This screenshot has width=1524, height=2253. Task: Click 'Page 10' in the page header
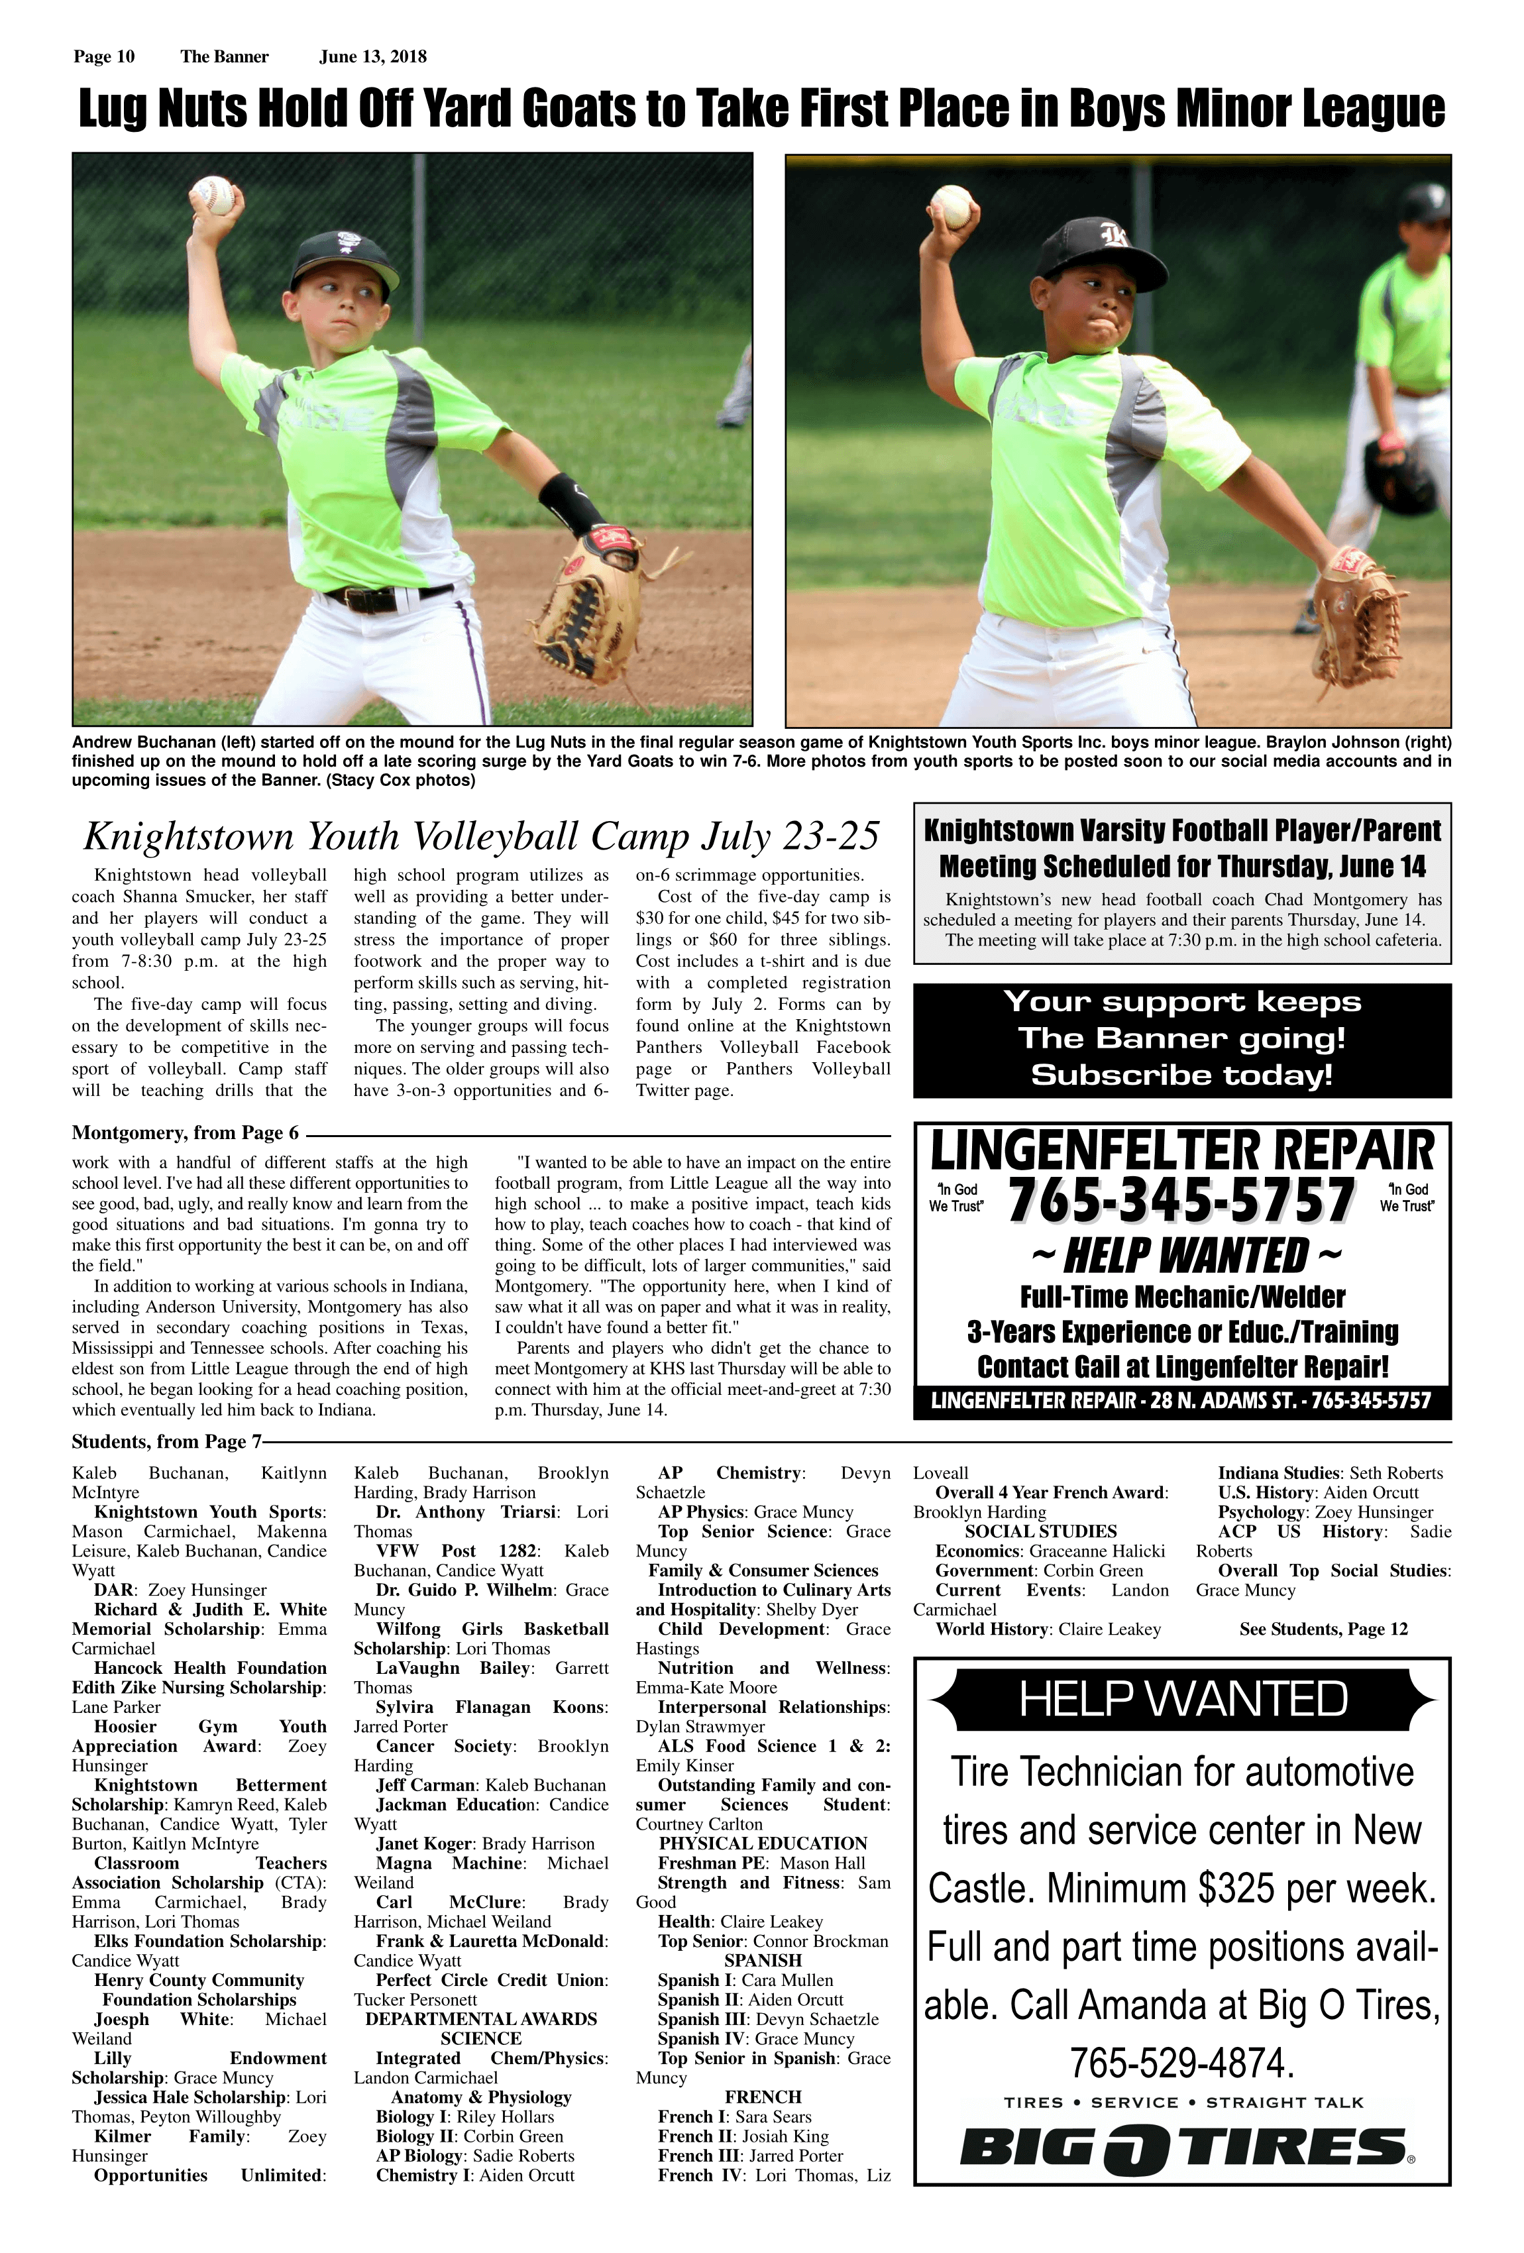tap(104, 56)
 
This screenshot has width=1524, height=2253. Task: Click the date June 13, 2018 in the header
tap(372, 56)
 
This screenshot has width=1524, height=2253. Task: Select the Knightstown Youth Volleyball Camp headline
tap(481, 835)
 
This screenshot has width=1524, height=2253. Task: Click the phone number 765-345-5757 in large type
tap(1181, 1200)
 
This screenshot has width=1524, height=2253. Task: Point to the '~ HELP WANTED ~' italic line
tap(1185, 1256)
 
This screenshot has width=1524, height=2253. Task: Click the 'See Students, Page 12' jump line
tap(1323, 1629)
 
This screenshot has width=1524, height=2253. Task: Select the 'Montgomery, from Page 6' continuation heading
tap(185, 1132)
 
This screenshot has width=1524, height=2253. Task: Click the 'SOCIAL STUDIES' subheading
tap(1040, 1531)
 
